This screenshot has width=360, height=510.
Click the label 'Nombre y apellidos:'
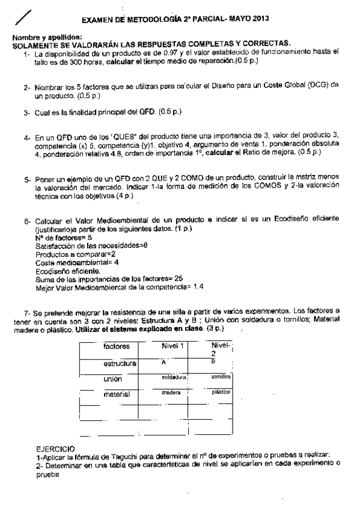39,37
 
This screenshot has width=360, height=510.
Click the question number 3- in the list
28,112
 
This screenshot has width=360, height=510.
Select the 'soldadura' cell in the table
174,377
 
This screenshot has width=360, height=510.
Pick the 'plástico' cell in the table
221,392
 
